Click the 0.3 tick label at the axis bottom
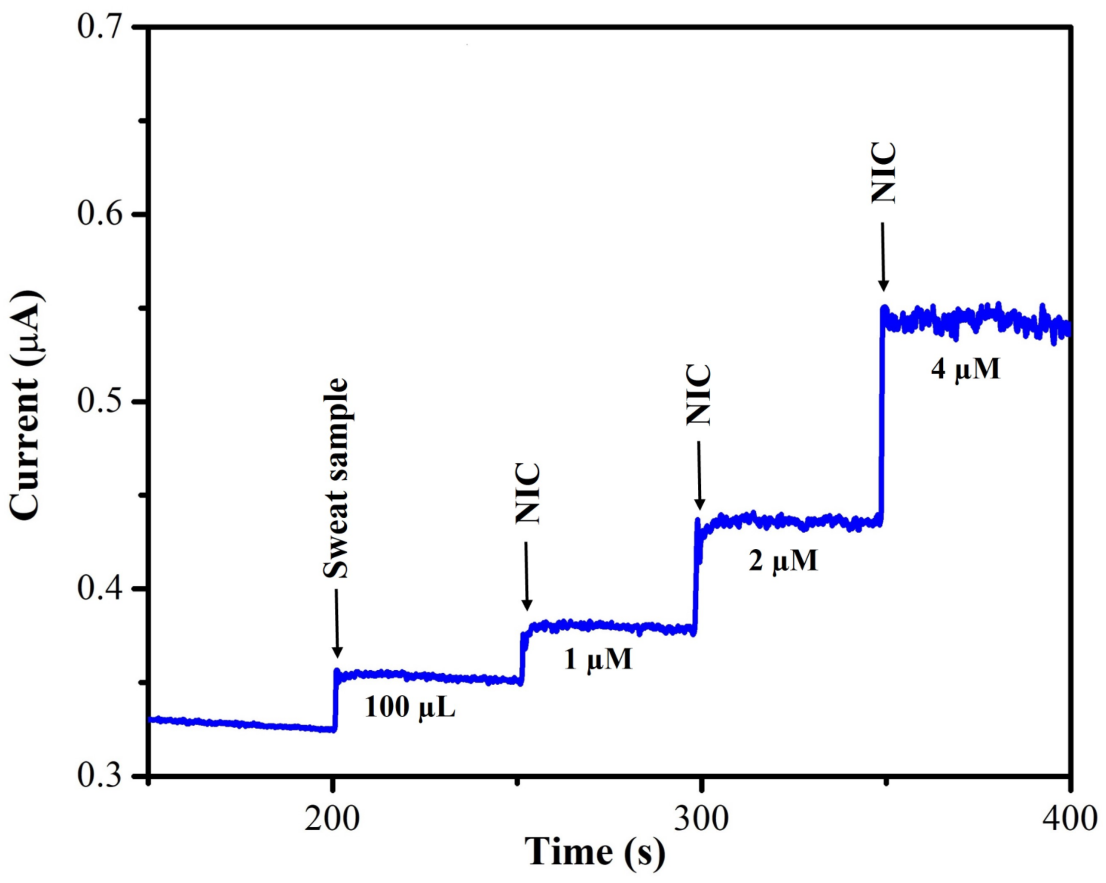tap(101, 777)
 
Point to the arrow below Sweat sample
tap(337, 623)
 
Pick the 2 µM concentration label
tap(783, 561)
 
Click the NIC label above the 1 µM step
tap(527, 493)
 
